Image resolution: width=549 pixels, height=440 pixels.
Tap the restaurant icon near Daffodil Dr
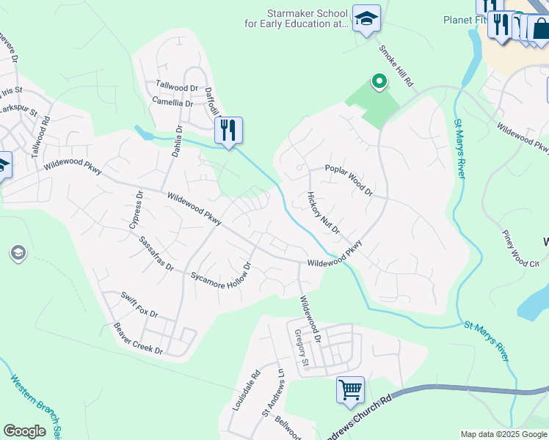coord(228,131)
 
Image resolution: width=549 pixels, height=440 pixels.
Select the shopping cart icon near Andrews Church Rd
coord(350,389)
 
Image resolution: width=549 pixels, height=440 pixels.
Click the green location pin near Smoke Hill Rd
coord(379,81)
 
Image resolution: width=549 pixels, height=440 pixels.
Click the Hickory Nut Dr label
coord(323,213)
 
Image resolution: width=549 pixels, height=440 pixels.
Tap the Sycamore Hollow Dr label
coord(221,271)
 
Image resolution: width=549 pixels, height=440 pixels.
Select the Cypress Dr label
coord(135,210)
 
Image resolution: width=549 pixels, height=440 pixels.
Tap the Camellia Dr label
coord(172,103)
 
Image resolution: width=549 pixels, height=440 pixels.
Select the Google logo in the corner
coord(24,431)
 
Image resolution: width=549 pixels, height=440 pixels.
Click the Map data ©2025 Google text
coord(503,434)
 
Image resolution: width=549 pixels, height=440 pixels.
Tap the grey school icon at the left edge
coord(18,254)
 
